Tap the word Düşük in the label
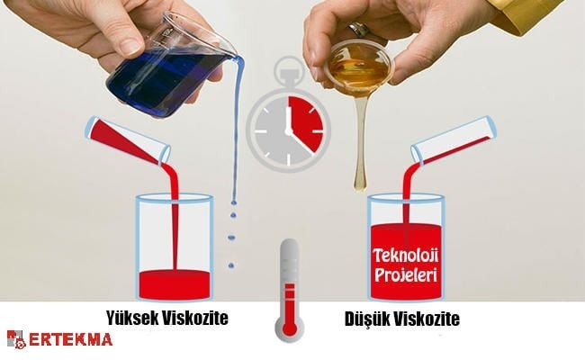366,319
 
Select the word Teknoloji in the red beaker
406,256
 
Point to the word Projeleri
406,275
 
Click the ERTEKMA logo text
70,339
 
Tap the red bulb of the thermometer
289,328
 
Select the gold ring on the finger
358,29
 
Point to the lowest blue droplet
231,265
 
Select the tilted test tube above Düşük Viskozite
454,140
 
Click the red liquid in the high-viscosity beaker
175,284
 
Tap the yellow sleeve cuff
530,15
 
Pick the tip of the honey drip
360,190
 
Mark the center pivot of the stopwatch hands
288,131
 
